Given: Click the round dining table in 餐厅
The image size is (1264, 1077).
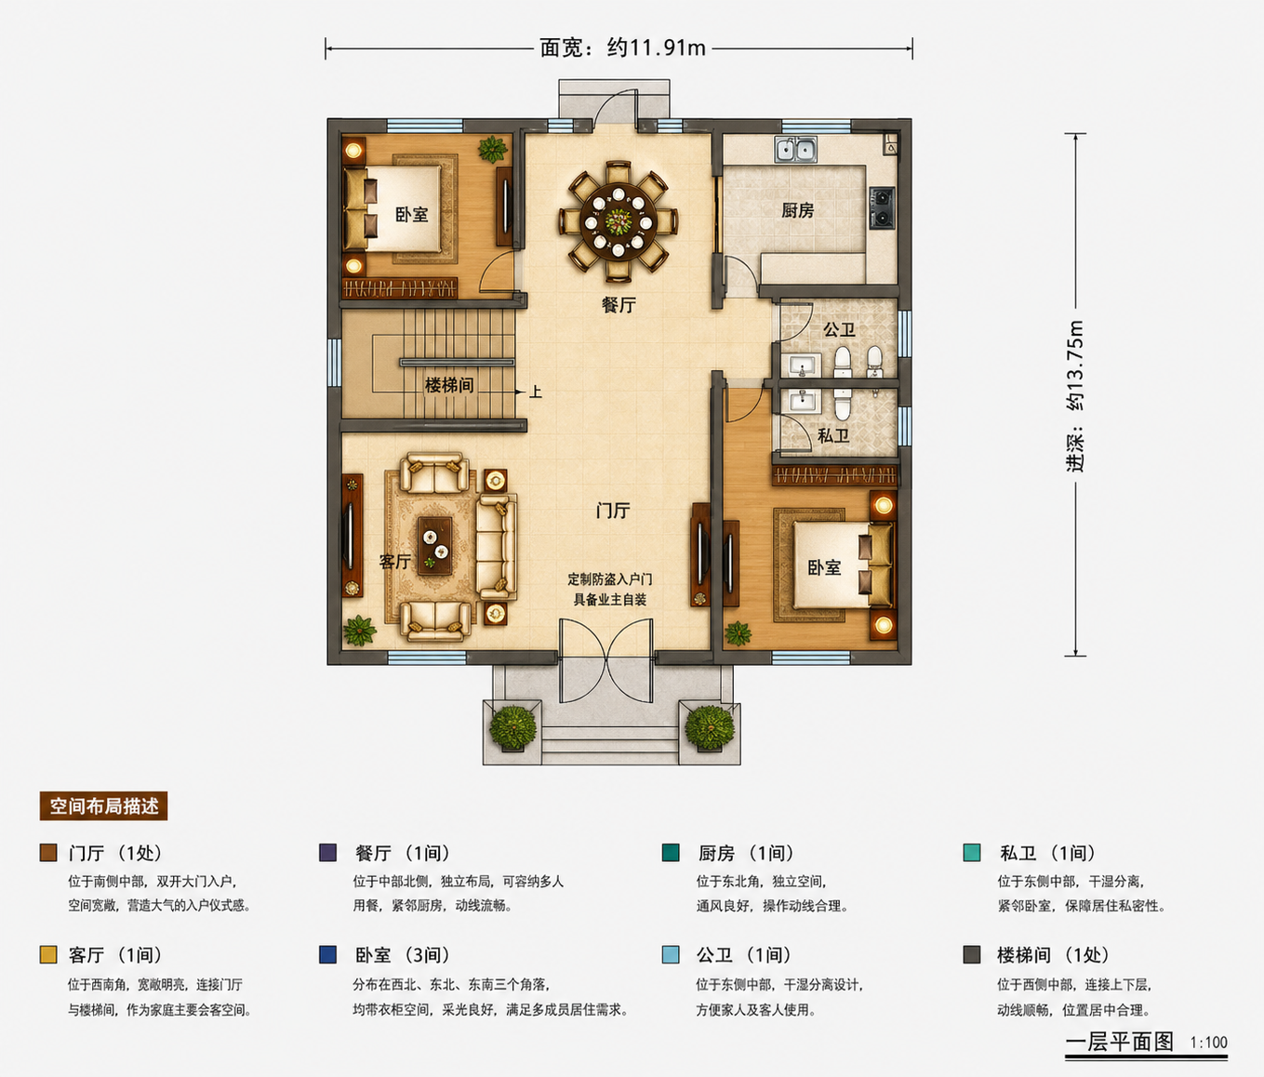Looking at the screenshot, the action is (x=619, y=220).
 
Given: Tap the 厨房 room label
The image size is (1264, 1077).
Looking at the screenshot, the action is (x=797, y=210).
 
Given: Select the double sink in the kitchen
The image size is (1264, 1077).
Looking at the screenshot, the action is (x=795, y=149).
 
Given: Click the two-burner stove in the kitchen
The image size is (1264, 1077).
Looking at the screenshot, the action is (x=883, y=208).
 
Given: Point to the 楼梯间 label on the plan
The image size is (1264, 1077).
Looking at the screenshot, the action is (x=449, y=385).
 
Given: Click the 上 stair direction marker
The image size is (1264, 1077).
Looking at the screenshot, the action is (x=535, y=392).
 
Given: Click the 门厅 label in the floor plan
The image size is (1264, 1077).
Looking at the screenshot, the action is (x=613, y=510).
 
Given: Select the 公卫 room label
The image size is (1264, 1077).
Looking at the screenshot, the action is (x=838, y=330).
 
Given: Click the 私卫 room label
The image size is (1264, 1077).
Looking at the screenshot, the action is (x=833, y=435).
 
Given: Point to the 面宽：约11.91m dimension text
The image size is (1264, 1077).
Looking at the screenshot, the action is (x=622, y=47).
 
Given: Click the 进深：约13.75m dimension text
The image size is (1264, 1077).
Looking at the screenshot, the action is (x=1074, y=395).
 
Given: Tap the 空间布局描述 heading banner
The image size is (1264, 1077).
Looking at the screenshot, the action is (x=103, y=806).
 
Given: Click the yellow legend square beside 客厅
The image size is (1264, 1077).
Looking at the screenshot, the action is (x=48, y=954).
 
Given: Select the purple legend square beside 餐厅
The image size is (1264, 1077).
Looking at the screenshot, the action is (x=327, y=853).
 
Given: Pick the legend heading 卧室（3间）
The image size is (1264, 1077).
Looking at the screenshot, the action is (x=403, y=954).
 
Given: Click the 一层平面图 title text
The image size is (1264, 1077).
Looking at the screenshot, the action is (x=1120, y=1043).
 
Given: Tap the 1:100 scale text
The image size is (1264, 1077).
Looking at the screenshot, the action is (x=1209, y=1043).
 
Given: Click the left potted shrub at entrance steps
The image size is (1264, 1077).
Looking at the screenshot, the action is (x=513, y=728).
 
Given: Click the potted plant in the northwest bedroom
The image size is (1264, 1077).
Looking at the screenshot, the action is (x=493, y=149).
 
